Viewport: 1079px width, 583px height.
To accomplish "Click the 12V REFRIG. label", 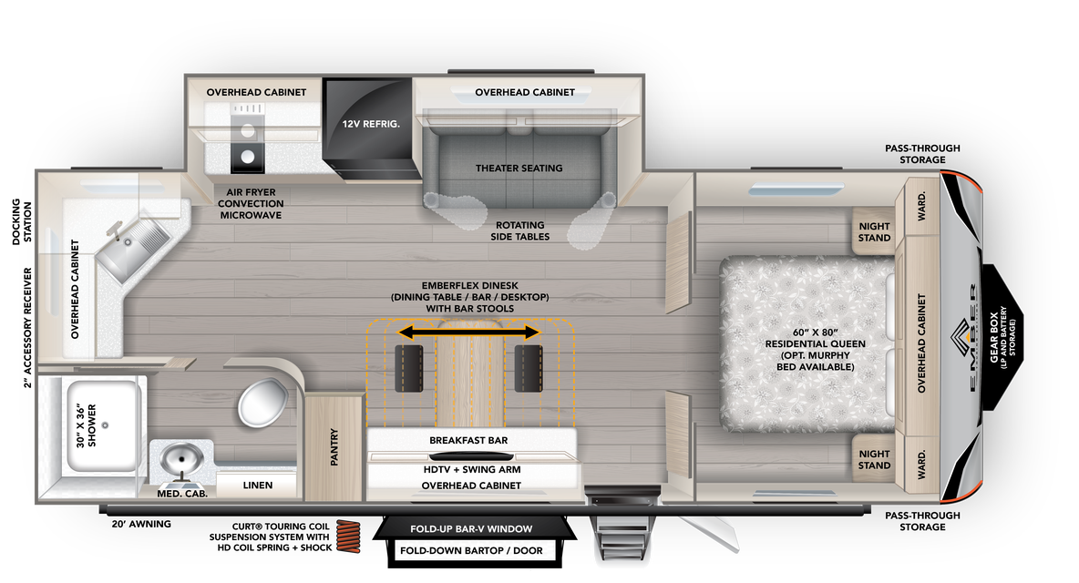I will pos(371,123).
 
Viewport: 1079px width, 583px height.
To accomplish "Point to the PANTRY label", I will pos(334,447).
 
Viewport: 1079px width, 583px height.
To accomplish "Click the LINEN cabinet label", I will pos(258,486).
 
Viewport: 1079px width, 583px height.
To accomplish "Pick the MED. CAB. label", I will pos(182,494).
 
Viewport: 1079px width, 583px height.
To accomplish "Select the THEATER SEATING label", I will pos(519,168).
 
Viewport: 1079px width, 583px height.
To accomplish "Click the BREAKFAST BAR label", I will pos(468,440).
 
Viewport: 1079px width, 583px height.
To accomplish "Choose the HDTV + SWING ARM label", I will pos(471,469).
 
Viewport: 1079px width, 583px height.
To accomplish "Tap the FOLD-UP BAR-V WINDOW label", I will pos(470,528).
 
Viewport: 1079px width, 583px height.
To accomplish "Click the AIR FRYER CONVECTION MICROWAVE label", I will pos(251,203).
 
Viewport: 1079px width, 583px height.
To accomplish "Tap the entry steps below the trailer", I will pos(622,545).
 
